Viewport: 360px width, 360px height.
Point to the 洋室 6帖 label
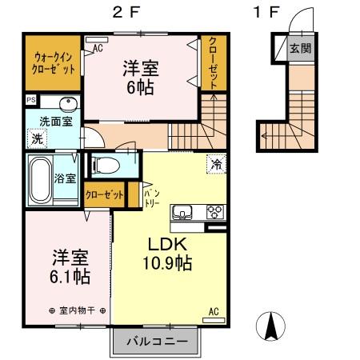click(x=139, y=77)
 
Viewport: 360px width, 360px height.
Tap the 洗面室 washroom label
click(x=57, y=121)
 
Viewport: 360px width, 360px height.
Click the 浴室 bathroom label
click(x=65, y=178)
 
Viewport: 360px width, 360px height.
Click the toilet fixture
click(x=104, y=166)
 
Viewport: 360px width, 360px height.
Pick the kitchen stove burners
click(x=215, y=211)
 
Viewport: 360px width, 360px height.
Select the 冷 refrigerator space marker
click(x=215, y=163)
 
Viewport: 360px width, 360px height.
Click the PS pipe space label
click(x=30, y=100)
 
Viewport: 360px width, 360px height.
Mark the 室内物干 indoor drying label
click(x=77, y=310)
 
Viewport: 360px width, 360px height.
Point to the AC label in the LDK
click(x=214, y=311)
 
